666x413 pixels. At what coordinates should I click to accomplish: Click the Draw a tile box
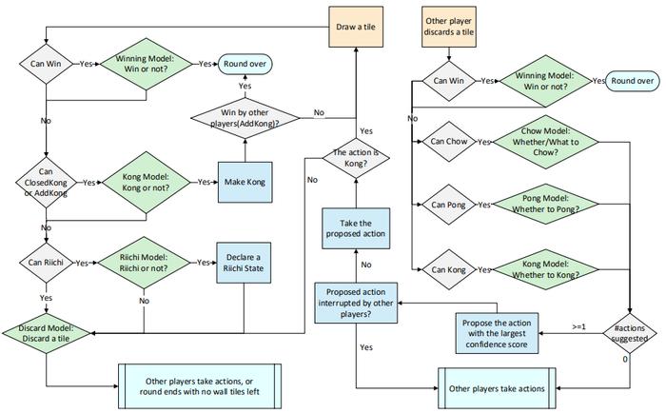tap(356, 27)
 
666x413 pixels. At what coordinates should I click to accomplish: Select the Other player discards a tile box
tap(449, 27)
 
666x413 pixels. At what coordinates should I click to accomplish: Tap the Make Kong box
tap(245, 182)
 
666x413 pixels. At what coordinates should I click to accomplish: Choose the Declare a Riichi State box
tap(244, 263)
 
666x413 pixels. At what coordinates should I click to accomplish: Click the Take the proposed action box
tap(356, 228)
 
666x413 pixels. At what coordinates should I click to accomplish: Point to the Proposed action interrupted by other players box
tap(356, 303)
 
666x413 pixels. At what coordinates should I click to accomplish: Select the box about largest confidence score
tap(497, 334)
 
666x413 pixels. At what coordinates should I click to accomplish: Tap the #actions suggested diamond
tap(630, 334)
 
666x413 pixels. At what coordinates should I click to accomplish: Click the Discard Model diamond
tap(46, 334)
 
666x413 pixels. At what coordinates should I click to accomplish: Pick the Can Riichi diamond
tap(46, 263)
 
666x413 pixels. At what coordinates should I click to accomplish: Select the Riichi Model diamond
tap(144, 263)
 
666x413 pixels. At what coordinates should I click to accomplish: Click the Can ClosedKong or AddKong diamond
tap(46, 183)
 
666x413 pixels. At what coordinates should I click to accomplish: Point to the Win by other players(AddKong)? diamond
tap(245, 118)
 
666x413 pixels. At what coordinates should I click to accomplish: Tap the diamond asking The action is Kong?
tap(356, 158)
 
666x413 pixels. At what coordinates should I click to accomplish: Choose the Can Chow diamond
tap(449, 142)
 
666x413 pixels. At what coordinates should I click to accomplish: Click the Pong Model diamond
tap(545, 204)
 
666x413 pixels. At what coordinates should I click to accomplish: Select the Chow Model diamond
tap(545, 142)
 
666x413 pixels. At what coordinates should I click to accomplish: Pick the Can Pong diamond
tap(449, 205)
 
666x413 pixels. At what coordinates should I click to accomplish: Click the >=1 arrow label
tap(578, 326)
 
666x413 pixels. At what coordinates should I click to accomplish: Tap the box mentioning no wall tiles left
tap(200, 386)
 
